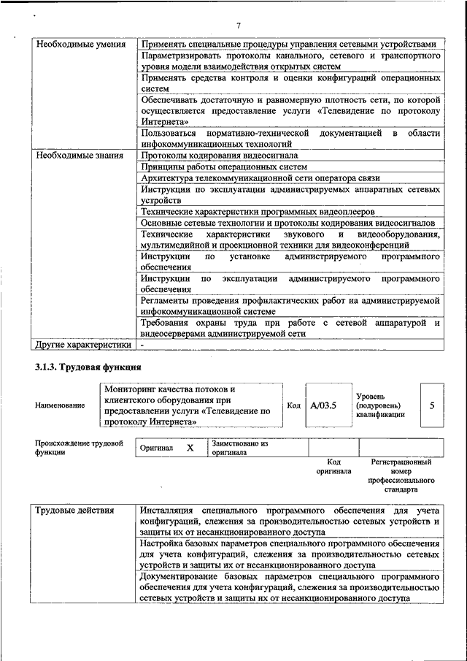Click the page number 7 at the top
tap(239, 27)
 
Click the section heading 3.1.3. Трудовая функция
tap(87, 367)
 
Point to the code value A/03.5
tap(323, 405)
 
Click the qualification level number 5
tap(433, 405)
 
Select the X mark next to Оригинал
tap(190, 448)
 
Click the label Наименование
tap(59, 405)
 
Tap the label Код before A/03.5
tap(293, 405)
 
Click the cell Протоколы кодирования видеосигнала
tap(220, 156)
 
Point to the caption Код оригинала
tap(334, 466)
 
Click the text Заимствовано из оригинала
tap(240, 448)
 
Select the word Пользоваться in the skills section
tap(169, 133)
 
